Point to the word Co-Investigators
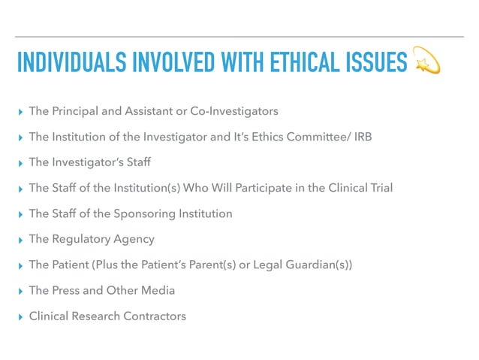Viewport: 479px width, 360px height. tap(235, 111)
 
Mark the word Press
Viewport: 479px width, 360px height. tap(66, 290)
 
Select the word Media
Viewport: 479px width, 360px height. tap(159, 290)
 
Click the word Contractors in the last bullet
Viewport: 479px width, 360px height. tap(153, 316)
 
